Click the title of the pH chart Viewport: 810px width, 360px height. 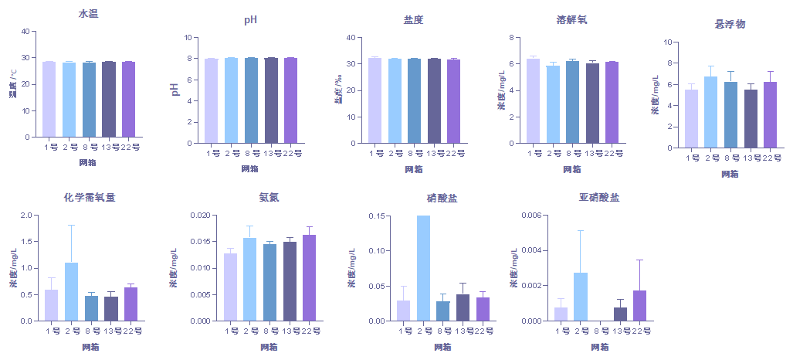pos(250,20)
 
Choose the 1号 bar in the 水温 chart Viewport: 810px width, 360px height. pos(49,99)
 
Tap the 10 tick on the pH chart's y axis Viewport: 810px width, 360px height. pos(186,37)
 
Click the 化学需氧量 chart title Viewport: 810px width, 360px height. pos(90,198)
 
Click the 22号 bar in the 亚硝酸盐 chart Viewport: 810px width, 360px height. pos(640,305)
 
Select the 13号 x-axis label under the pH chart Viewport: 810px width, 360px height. pos(271,153)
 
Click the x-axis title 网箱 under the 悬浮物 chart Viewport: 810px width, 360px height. pos(729,174)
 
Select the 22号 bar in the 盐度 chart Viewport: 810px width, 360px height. pos(453,101)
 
